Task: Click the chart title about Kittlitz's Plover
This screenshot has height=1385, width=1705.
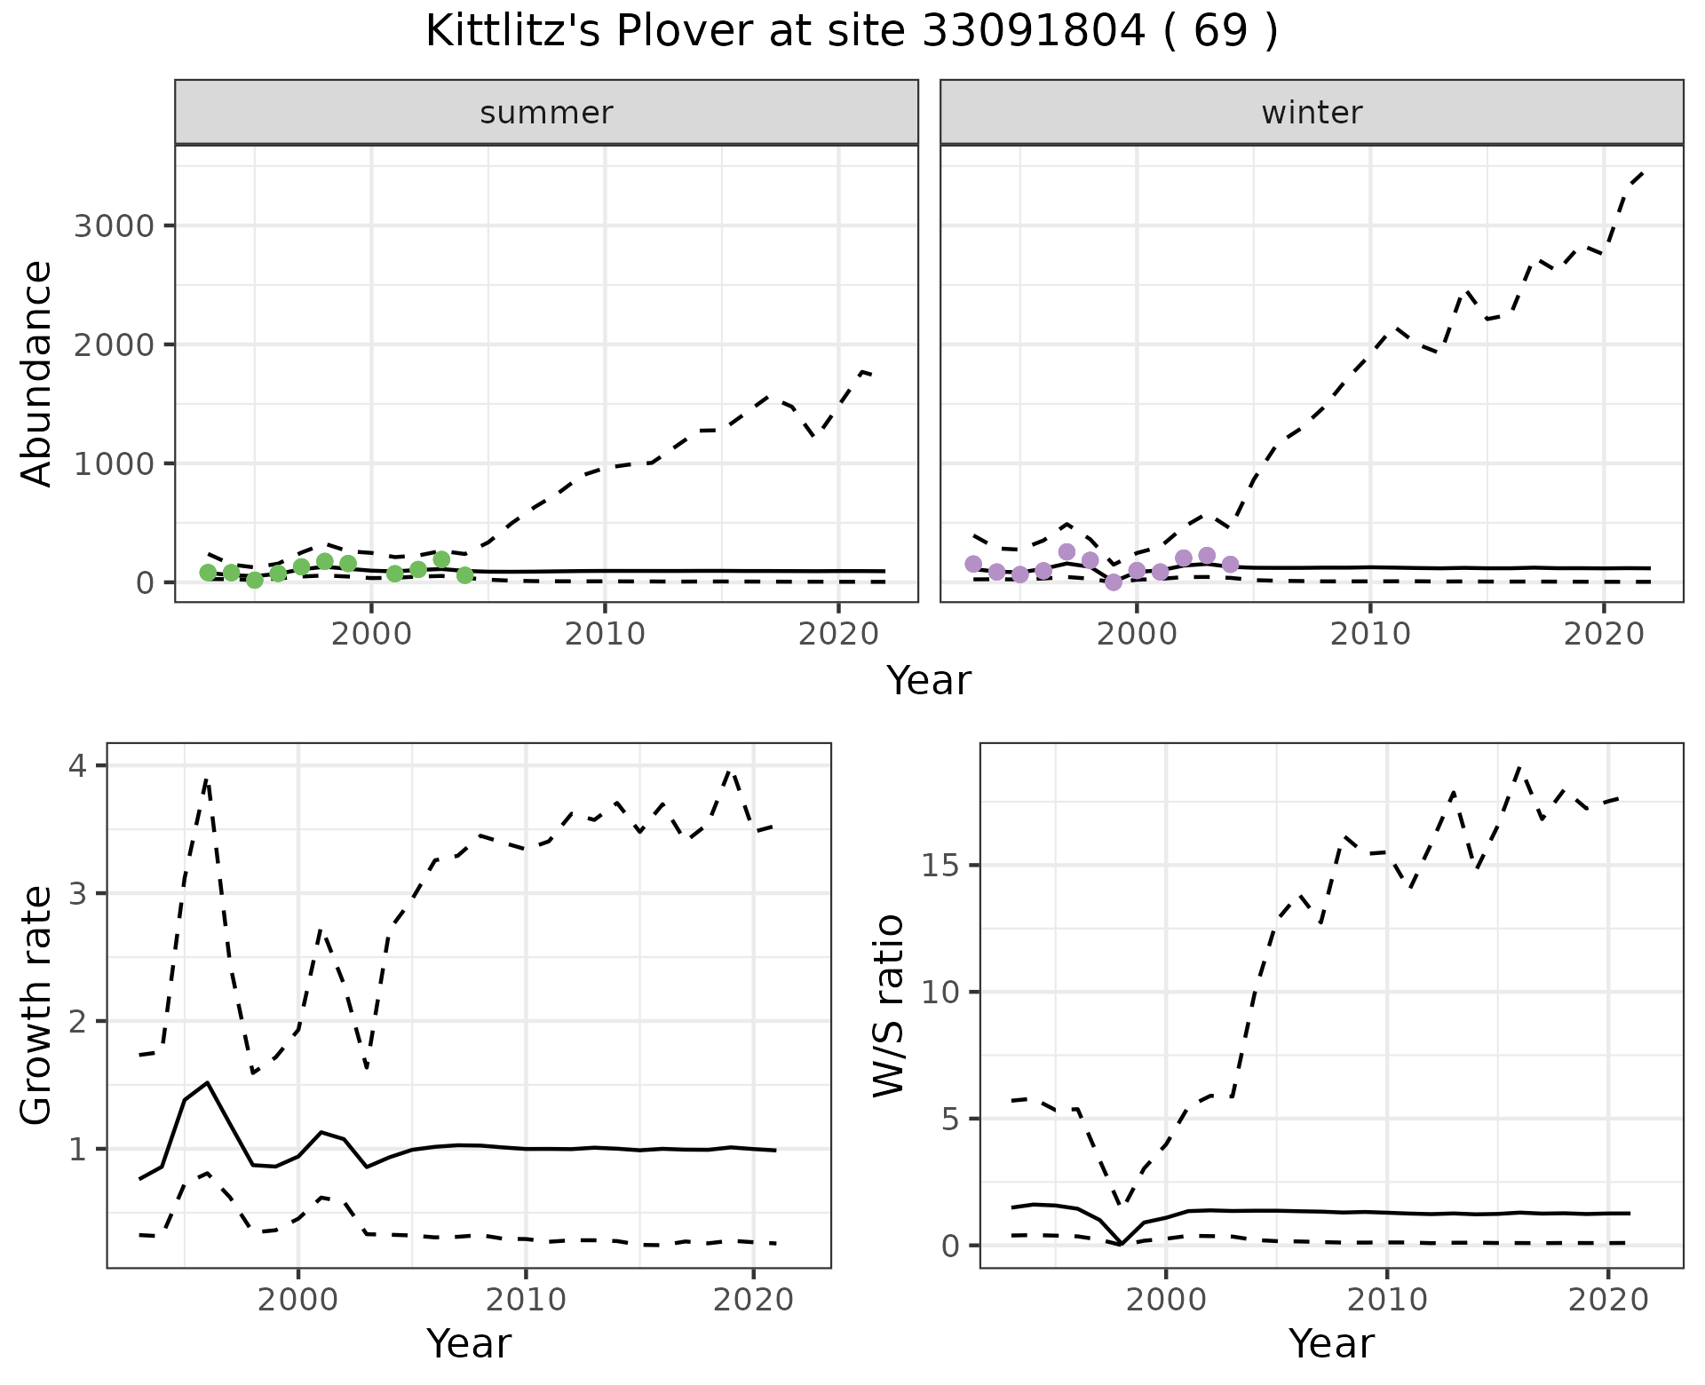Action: (852, 33)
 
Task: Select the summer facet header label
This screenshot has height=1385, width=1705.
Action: (546, 113)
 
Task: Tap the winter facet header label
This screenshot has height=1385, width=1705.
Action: (1312, 113)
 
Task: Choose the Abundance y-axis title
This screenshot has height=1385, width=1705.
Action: (37, 374)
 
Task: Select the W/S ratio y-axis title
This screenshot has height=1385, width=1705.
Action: (889, 1005)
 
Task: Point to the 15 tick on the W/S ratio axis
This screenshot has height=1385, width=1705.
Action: (941, 866)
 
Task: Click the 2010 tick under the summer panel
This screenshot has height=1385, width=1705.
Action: (605, 634)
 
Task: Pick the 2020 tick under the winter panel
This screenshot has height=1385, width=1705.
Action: (1603, 634)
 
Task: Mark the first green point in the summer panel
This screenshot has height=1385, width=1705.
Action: (209, 573)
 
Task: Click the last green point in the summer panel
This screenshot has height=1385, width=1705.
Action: (464, 575)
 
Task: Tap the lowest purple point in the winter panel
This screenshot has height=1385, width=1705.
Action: (1114, 582)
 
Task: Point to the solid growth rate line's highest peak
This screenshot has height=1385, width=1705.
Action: (207, 1083)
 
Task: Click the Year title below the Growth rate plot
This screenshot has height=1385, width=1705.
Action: (469, 1344)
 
